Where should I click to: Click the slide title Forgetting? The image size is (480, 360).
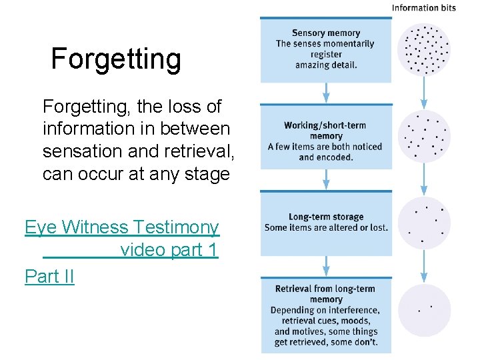[x=115, y=59]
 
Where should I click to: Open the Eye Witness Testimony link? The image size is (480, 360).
[x=122, y=228]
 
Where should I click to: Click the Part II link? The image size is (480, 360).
[x=49, y=276]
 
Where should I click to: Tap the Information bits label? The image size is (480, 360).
[x=423, y=8]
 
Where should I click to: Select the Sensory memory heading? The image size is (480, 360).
[x=325, y=33]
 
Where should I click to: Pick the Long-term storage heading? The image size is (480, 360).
[x=325, y=217]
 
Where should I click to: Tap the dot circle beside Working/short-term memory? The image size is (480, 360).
[x=424, y=136]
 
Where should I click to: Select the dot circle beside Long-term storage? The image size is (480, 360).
[x=424, y=223]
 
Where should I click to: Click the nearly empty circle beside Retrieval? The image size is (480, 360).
[x=424, y=309]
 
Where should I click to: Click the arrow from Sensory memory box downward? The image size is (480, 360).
[x=326, y=92]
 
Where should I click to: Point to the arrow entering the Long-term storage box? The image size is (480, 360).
[x=326, y=178]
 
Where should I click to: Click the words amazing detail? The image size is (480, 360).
[x=326, y=65]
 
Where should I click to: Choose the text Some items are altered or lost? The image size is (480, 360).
[x=326, y=227]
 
